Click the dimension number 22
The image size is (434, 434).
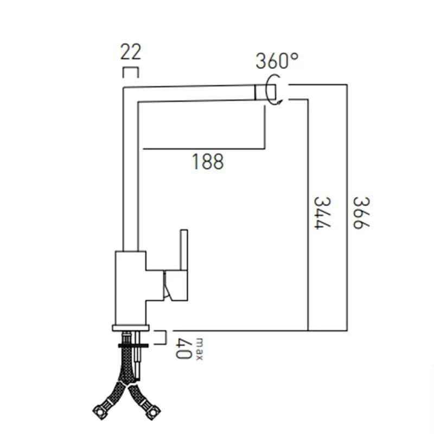coord(130,53)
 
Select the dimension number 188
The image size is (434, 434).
coord(208,161)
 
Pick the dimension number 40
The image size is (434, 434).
coord(184,348)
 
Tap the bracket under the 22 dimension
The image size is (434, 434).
coord(131,72)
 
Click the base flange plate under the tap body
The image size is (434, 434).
coord(131,327)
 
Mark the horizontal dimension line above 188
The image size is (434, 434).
coord(203,148)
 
